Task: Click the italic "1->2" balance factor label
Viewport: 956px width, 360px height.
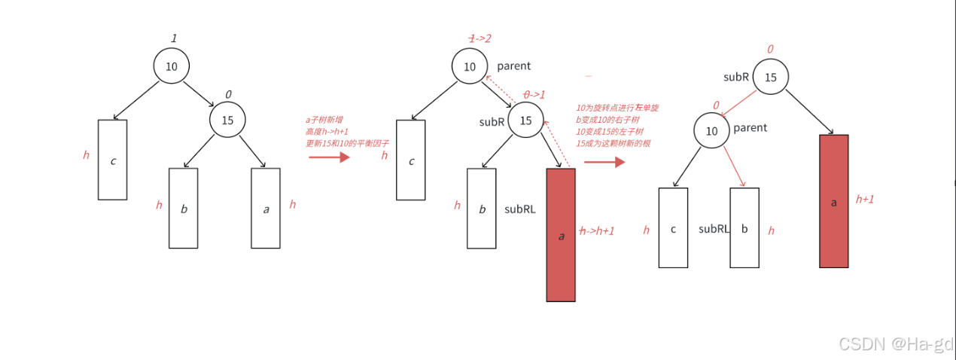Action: tap(480, 38)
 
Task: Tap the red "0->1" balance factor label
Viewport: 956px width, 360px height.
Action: tap(535, 95)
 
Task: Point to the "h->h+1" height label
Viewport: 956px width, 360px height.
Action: tap(597, 231)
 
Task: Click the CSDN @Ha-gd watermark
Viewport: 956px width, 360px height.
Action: tap(895, 344)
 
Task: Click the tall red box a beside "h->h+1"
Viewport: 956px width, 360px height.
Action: tap(561, 235)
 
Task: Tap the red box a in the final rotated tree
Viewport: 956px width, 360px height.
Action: tap(833, 201)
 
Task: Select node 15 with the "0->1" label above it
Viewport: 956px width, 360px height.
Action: tap(526, 121)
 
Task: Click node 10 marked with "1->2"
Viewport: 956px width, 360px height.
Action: tap(470, 67)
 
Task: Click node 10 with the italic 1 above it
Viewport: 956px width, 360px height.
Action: tap(172, 66)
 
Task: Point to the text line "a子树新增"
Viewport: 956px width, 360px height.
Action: tap(324, 120)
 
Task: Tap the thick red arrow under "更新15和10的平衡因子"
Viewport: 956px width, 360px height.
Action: tap(329, 157)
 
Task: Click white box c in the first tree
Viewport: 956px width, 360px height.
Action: tap(113, 160)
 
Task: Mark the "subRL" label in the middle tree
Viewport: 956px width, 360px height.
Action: tap(520, 209)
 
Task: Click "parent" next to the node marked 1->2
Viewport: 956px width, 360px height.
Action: tap(514, 66)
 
